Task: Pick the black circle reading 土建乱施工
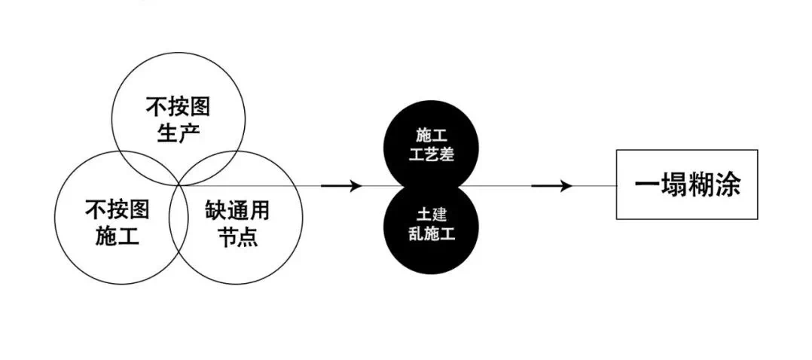[430, 226]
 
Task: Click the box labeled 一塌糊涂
[687, 185]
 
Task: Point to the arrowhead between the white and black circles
[354, 185]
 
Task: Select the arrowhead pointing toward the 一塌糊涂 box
[564, 185]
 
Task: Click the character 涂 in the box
[725, 185]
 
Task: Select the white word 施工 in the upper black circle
[430, 135]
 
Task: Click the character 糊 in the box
[697, 185]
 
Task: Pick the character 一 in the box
[641, 185]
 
